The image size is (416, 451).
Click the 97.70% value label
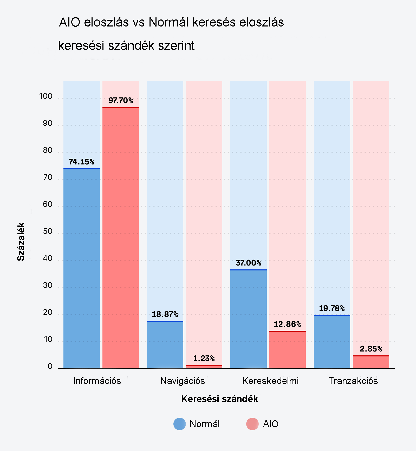coord(121,101)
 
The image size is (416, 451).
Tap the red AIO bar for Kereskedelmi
coord(287,349)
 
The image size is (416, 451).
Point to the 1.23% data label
coord(204,359)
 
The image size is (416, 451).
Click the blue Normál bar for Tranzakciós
coord(332,342)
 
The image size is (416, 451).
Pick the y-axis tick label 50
coord(48,231)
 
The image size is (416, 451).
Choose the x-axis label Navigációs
coord(183,381)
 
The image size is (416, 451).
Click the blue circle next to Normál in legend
coord(180,424)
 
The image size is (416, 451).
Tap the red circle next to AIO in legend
coord(252,424)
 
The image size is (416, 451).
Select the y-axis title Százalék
coord(21,242)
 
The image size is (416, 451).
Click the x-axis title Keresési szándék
coord(219,399)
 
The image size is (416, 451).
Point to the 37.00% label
coord(248,263)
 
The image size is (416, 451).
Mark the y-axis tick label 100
coord(46,96)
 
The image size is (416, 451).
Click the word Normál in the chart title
coord(168,22)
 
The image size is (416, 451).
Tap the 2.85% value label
coord(371,349)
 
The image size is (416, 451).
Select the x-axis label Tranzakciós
coord(353,381)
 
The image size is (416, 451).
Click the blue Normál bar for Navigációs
coord(165,344)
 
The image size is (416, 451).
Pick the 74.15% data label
coord(81,162)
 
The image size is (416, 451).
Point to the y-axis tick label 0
coord(50,366)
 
